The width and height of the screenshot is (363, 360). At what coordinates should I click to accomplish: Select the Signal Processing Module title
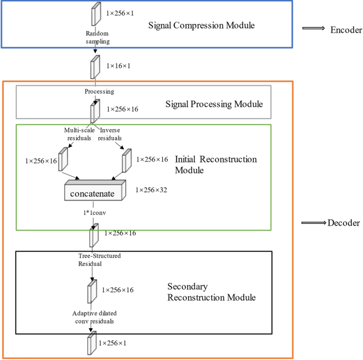pos(215,104)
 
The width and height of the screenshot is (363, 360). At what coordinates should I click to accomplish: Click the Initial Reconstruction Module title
pos(215,164)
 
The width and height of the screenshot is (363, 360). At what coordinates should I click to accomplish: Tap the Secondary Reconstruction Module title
pos(211,292)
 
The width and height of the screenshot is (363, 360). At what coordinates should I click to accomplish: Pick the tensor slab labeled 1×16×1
pos(95,67)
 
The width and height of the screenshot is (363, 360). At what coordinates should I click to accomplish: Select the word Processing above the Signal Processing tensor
pos(99,92)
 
